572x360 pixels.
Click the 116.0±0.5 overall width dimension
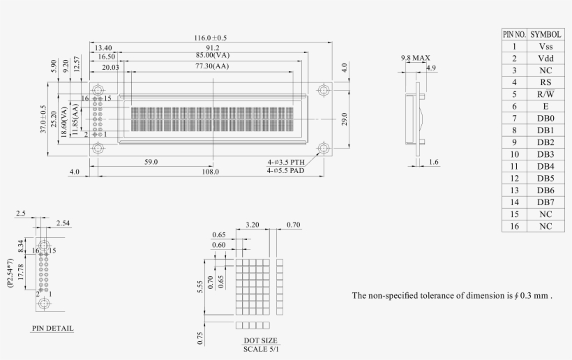click(x=211, y=37)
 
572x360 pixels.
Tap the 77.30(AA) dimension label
click(x=211, y=66)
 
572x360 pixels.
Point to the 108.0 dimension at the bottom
click(x=211, y=172)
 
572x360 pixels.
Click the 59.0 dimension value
click(x=151, y=162)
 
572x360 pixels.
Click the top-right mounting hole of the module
click(x=324, y=90)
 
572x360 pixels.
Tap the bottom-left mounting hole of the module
click(x=97, y=148)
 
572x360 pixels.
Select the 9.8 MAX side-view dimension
click(x=415, y=57)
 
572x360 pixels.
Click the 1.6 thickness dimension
click(x=435, y=162)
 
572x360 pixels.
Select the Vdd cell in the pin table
click(x=545, y=58)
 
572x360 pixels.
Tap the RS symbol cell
click(x=545, y=82)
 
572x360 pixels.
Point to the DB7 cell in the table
click(x=545, y=202)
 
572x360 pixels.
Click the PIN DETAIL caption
click(x=52, y=327)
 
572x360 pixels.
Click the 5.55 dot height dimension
click(x=200, y=285)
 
